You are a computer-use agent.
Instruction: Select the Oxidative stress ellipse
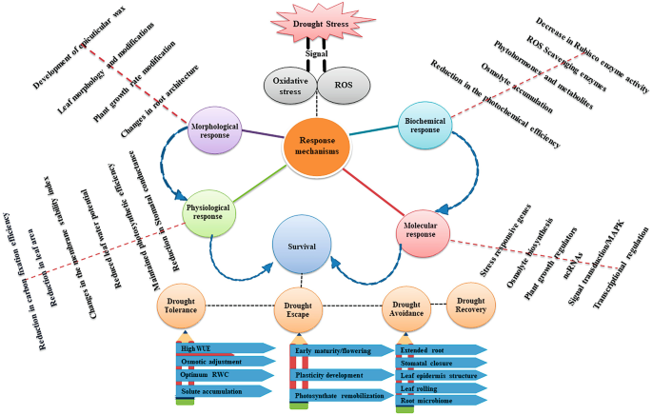[x=290, y=86]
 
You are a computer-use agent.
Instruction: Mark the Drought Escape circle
[x=302, y=311]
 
